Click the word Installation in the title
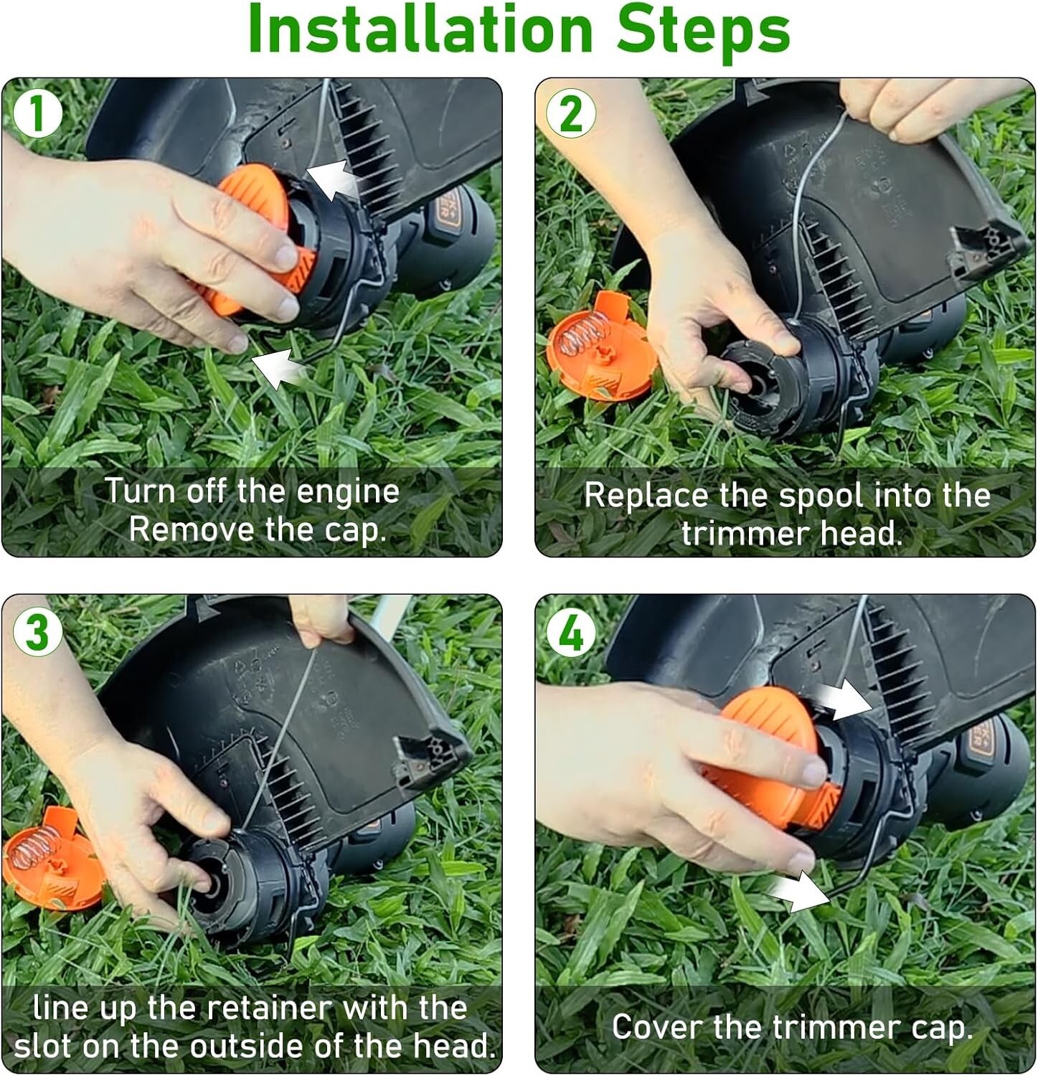tap(420, 30)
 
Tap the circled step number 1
tap(37, 113)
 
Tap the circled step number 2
tap(570, 113)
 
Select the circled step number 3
tap(37, 631)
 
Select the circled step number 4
tap(570, 631)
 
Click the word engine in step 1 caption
tap(347, 492)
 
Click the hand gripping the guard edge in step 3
tap(323, 620)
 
